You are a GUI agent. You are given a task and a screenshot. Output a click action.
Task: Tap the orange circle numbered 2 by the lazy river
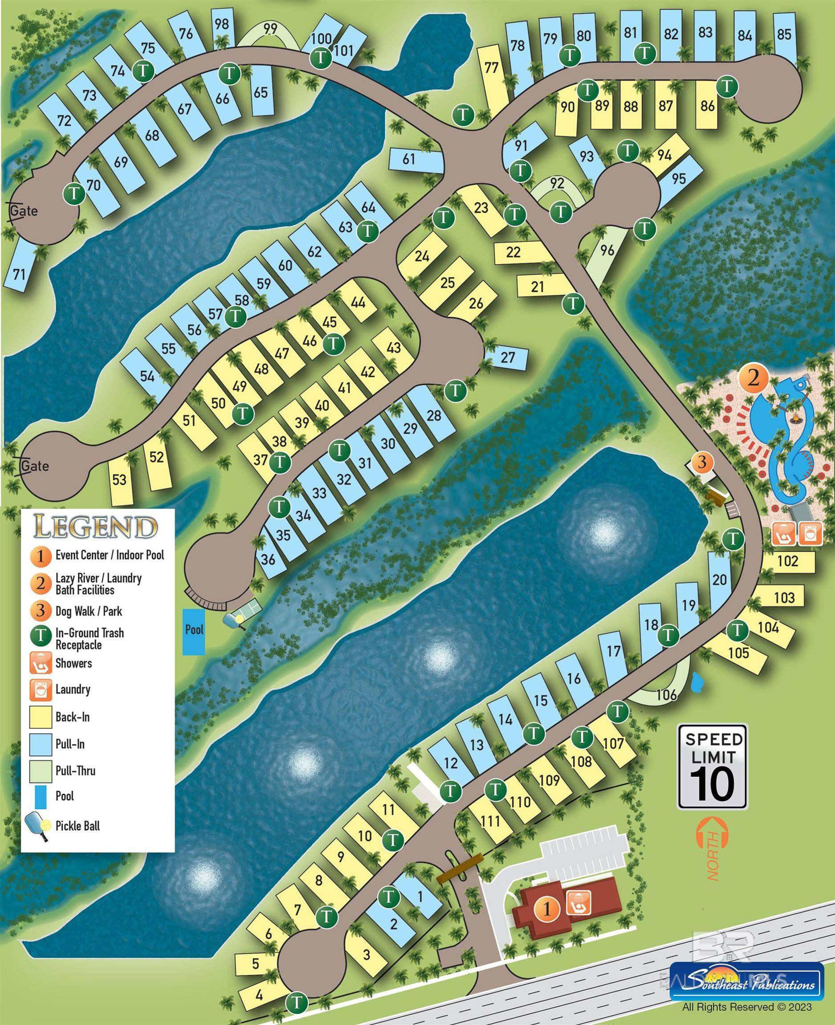pyautogui.click(x=753, y=379)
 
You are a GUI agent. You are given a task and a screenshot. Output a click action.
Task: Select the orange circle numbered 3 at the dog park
pyautogui.click(x=702, y=463)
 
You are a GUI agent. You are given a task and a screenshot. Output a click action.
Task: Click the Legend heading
pyautogui.click(x=96, y=527)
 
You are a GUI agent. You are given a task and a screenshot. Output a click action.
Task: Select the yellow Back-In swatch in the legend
pyautogui.click(x=41, y=717)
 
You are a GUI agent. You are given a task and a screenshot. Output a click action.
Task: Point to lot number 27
pyautogui.click(x=508, y=358)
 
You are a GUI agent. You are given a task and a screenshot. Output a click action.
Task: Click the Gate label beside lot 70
pyautogui.click(x=24, y=211)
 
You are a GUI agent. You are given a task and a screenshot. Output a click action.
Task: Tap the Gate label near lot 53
pyautogui.click(x=35, y=466)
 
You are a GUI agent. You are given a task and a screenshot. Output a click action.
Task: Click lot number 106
pyautogui.click(x=666, y=694)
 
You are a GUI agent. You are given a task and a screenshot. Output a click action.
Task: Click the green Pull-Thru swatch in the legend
pyautogui.click(x=41, y=771)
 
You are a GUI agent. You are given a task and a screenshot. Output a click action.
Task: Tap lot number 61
pyautogui.click(x=408, y=158)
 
